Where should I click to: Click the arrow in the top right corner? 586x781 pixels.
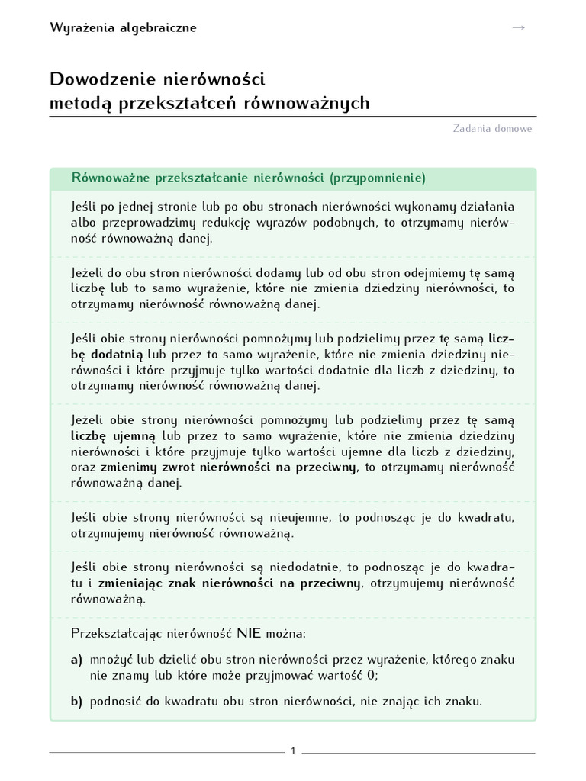(x=519, y=27)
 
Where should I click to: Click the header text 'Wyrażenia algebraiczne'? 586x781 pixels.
(x=123, y=28)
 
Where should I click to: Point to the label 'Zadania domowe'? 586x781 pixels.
(x=492, y=128)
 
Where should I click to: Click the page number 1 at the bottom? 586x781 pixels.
(x=293, y=751)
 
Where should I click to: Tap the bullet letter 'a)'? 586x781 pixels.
(x=76, y=659)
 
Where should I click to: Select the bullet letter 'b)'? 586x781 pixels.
(x=76, y=702)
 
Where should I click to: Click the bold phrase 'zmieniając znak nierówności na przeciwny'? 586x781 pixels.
(x=233, y=583)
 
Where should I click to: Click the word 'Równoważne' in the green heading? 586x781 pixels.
(x=110, y=178)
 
